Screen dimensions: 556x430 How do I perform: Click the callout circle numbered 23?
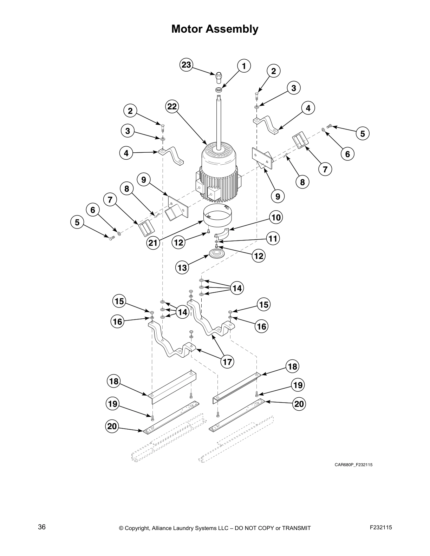pyautogui.click(x=186, y=65)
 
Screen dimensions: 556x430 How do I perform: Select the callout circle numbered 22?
pyautogui.click(x=172, y=106)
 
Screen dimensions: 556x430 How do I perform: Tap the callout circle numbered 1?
pyautogui.click(x=244, y=66)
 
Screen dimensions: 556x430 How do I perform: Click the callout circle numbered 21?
pyautogui.click(x=154, y=243)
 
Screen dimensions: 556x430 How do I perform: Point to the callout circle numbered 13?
pyautogui.click(x=182, y=268)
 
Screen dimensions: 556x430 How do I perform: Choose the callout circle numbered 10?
pyautogui.click(x=276, y=217)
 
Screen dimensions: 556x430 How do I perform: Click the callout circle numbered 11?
pyautogui.click(x=273, y=239)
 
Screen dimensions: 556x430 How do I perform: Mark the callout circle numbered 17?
pyautogui.click(x=228, y=362)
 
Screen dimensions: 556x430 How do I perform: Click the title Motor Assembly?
pyautogui.click(x=215, y=29)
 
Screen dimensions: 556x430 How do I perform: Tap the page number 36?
pyautogui.click(x=42, y=527)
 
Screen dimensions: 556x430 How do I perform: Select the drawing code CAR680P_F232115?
pyautogui.click(x=353, y=465)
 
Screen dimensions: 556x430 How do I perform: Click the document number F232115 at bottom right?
pyautogui.click(x=381, y=527)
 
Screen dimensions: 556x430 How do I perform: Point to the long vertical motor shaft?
pyautogui.click(x=219, y=119)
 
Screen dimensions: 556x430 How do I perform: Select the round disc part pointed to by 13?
pyautogui.click(x=215, y=254)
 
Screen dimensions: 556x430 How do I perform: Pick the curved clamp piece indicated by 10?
pyautogui.click(x=222, y=233)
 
